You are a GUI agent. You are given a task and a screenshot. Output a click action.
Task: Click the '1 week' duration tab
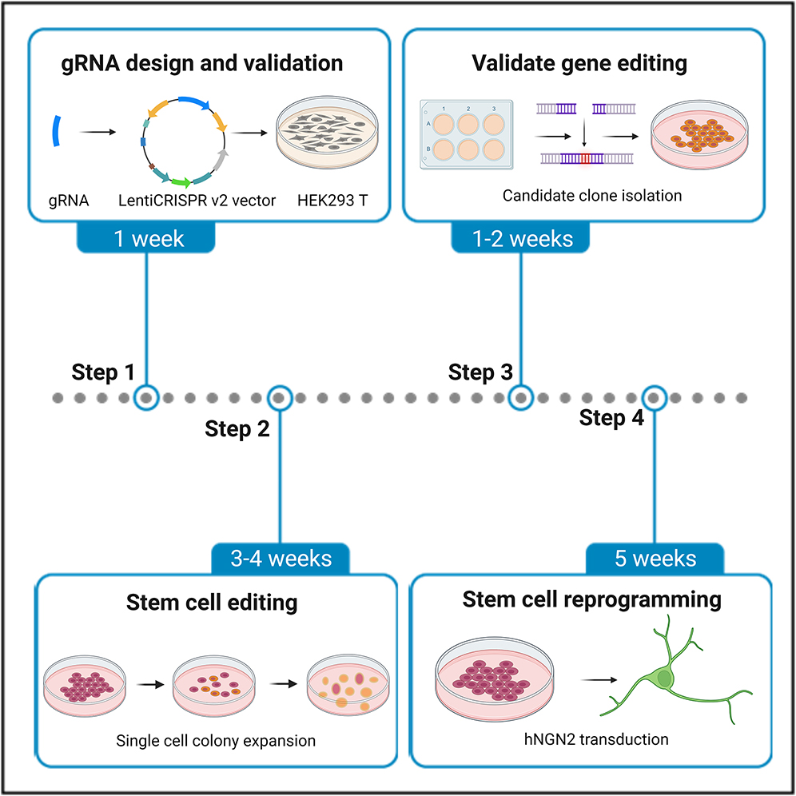146,237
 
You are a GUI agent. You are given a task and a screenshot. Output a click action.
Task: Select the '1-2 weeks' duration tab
521,237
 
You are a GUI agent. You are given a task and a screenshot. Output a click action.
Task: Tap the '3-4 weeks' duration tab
281,558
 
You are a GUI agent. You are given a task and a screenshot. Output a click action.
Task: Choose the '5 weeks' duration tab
655,558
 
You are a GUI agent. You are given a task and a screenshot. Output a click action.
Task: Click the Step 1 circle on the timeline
146,396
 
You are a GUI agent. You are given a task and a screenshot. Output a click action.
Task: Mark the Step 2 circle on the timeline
280,396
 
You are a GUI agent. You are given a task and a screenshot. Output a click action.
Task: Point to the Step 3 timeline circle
521,396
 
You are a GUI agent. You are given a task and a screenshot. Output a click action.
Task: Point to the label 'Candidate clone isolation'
592,195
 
